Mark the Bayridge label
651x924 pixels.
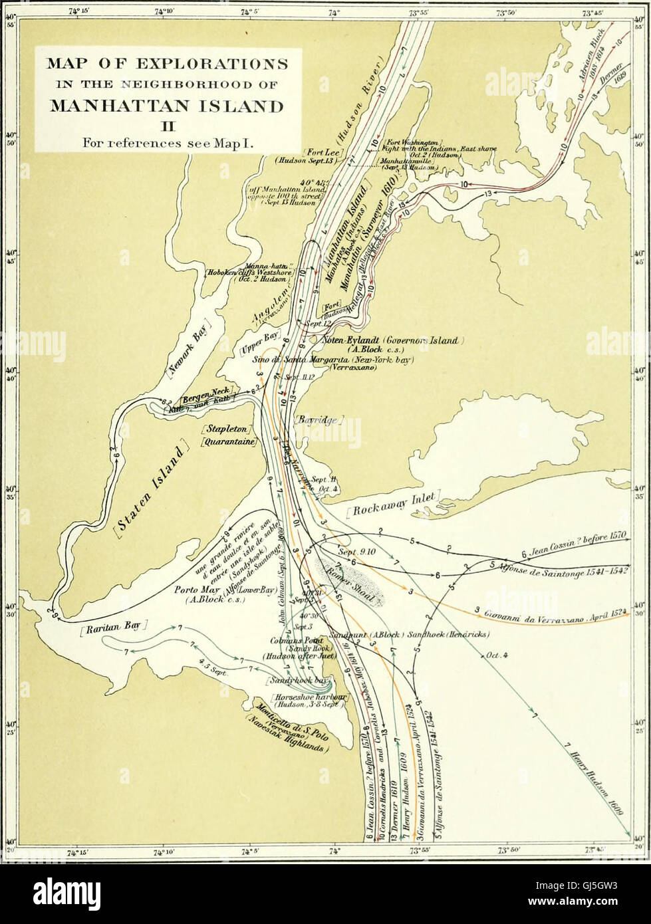318,421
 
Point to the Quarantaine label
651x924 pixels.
229,443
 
